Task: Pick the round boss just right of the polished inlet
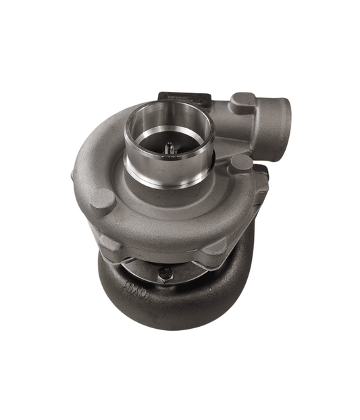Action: tap(240, 163)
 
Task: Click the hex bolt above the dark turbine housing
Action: tap(165, 273)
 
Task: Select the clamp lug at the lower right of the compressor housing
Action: tap(217, 247)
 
